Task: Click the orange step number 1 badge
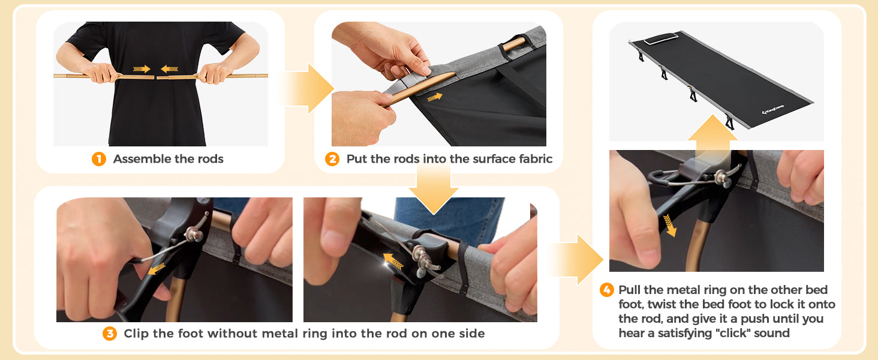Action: (x=99, y=159)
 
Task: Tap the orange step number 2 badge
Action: (x=332, y=159)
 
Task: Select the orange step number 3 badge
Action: (x=110, y=334)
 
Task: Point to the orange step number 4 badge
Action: (x=607, y=290)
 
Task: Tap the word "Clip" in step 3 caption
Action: (x=136, y=334)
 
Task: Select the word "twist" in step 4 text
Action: (x=661, y=304)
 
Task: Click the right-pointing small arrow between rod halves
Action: (x=142, y=69)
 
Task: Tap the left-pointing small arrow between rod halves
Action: (x=170, y=69)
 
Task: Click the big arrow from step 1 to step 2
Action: (x=306, y=89)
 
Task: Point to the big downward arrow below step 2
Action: (x=434, y=188)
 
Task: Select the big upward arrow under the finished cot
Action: (x=712, y=133)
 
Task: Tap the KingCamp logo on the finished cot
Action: (x=772, y=109)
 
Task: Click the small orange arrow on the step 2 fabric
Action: (x=435, y=97)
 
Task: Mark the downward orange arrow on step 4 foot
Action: (x=669, y=225)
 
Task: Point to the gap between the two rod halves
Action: (x=155, y=77)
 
